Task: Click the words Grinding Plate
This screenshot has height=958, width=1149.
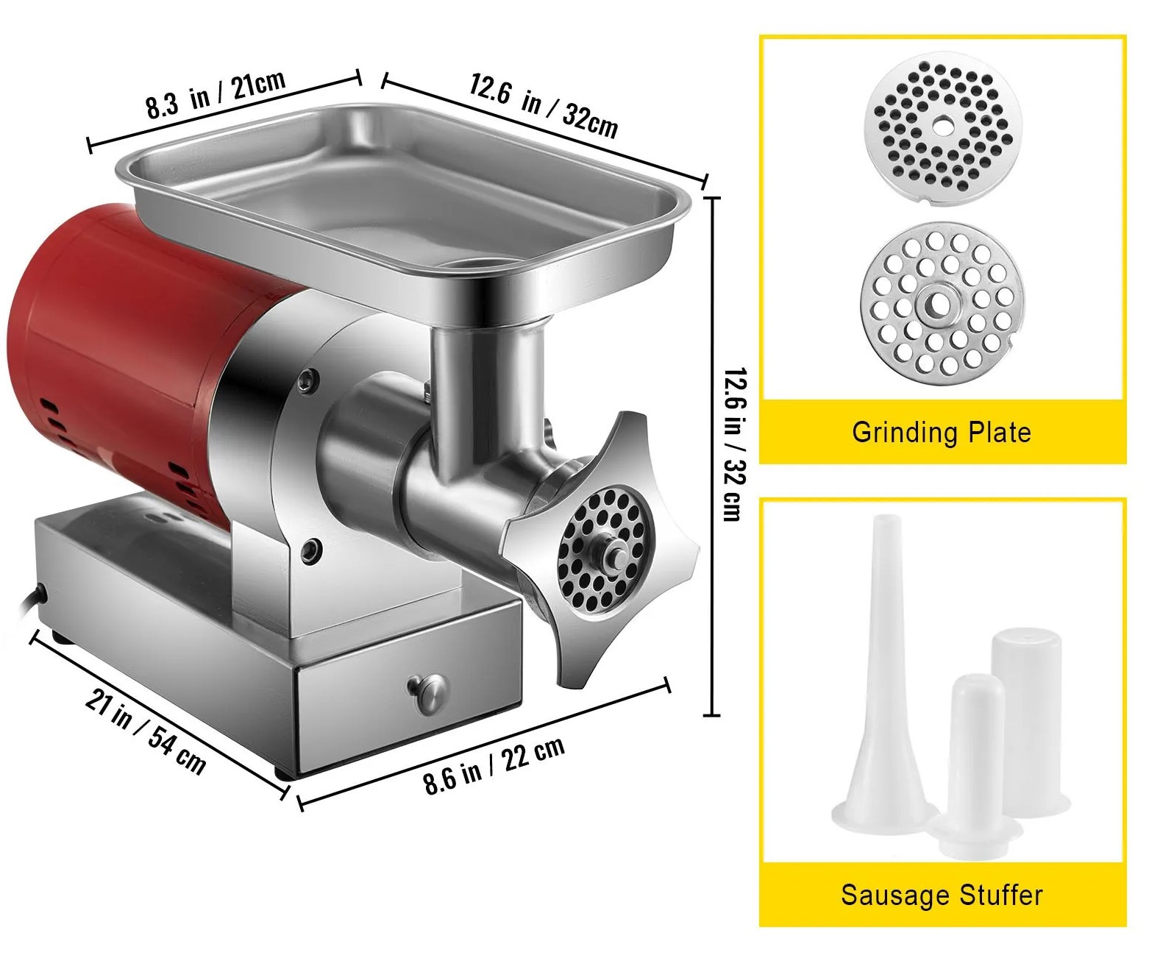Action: (942, 432)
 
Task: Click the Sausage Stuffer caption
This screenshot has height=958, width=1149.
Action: (942, 895)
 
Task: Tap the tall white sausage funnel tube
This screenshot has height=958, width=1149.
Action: (883, 675)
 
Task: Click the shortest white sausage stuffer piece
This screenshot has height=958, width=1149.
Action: (975, 767)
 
